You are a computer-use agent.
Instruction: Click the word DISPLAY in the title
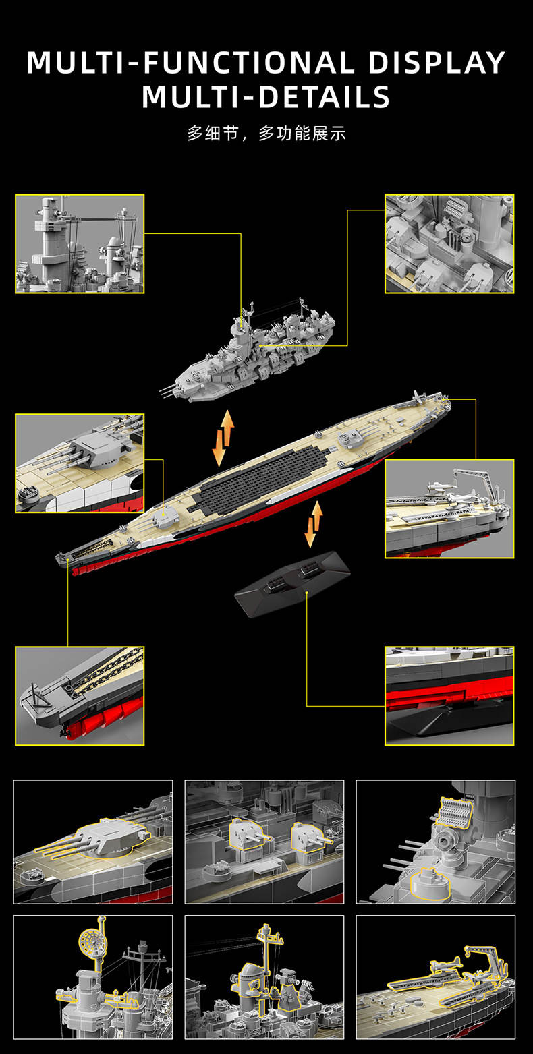pos(437,63)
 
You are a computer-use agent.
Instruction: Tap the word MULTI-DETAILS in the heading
pos(266,97)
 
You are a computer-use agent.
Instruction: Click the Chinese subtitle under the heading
pos(266,134)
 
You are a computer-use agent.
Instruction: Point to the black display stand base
pos(292,583)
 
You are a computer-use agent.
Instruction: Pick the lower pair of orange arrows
pos(314,524)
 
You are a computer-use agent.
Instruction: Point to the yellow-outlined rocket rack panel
pos(456,811)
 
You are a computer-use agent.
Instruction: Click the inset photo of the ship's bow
pos(80,695)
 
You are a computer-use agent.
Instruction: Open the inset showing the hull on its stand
pos(449,695)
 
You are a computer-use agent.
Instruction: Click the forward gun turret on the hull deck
pos(165,518)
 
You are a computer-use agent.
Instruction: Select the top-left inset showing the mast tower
pos(80,243)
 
